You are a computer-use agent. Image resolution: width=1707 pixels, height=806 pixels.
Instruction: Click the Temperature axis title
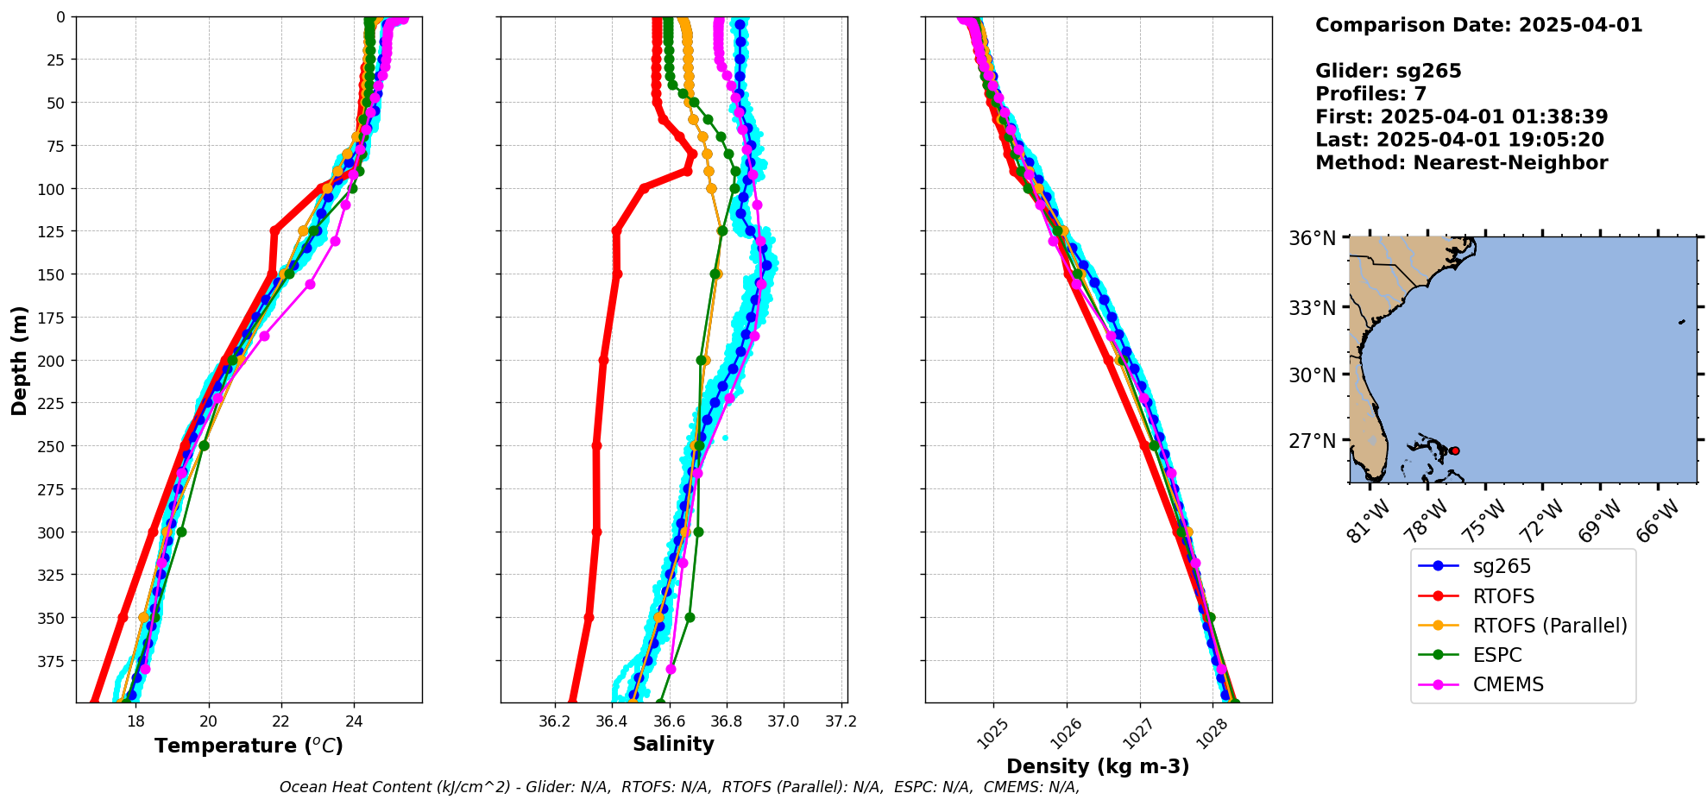[x=249, y=746]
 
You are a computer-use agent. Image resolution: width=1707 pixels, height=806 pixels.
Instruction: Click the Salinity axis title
[x=673, y=744]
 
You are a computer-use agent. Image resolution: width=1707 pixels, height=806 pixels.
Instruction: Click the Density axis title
[x=1098, y=766]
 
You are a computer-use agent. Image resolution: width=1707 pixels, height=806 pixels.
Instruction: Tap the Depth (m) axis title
[x=19, y=360]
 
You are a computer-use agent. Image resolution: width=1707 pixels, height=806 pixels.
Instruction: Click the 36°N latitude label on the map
[x=1312, y=238]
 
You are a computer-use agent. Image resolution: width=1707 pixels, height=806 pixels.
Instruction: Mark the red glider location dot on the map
[x=1455, y=450]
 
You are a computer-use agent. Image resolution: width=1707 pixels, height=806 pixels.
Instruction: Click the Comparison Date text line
[x=1478, y=25]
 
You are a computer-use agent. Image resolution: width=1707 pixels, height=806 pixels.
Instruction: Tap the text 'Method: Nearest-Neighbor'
[x=1461, y=163]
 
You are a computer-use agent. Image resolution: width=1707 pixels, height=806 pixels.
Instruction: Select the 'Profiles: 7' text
[x=1370, y=94]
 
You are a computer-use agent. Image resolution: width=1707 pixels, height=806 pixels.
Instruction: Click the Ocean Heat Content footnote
[x=679, y=787]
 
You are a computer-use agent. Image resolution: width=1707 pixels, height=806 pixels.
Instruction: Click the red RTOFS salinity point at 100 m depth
[x=644, y=188]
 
